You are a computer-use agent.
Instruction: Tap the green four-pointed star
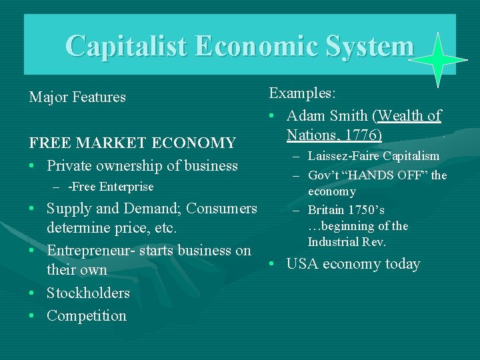tap(437, 61)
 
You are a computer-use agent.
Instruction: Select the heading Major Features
tap(77, 97)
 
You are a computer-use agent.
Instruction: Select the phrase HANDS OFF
tap(385, 175)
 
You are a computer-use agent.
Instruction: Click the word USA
tap(302, 264)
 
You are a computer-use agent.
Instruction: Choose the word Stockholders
tap(88, 293)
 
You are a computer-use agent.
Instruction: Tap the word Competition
tap(86, 316)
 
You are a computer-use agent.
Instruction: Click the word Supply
tap(69, 209)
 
